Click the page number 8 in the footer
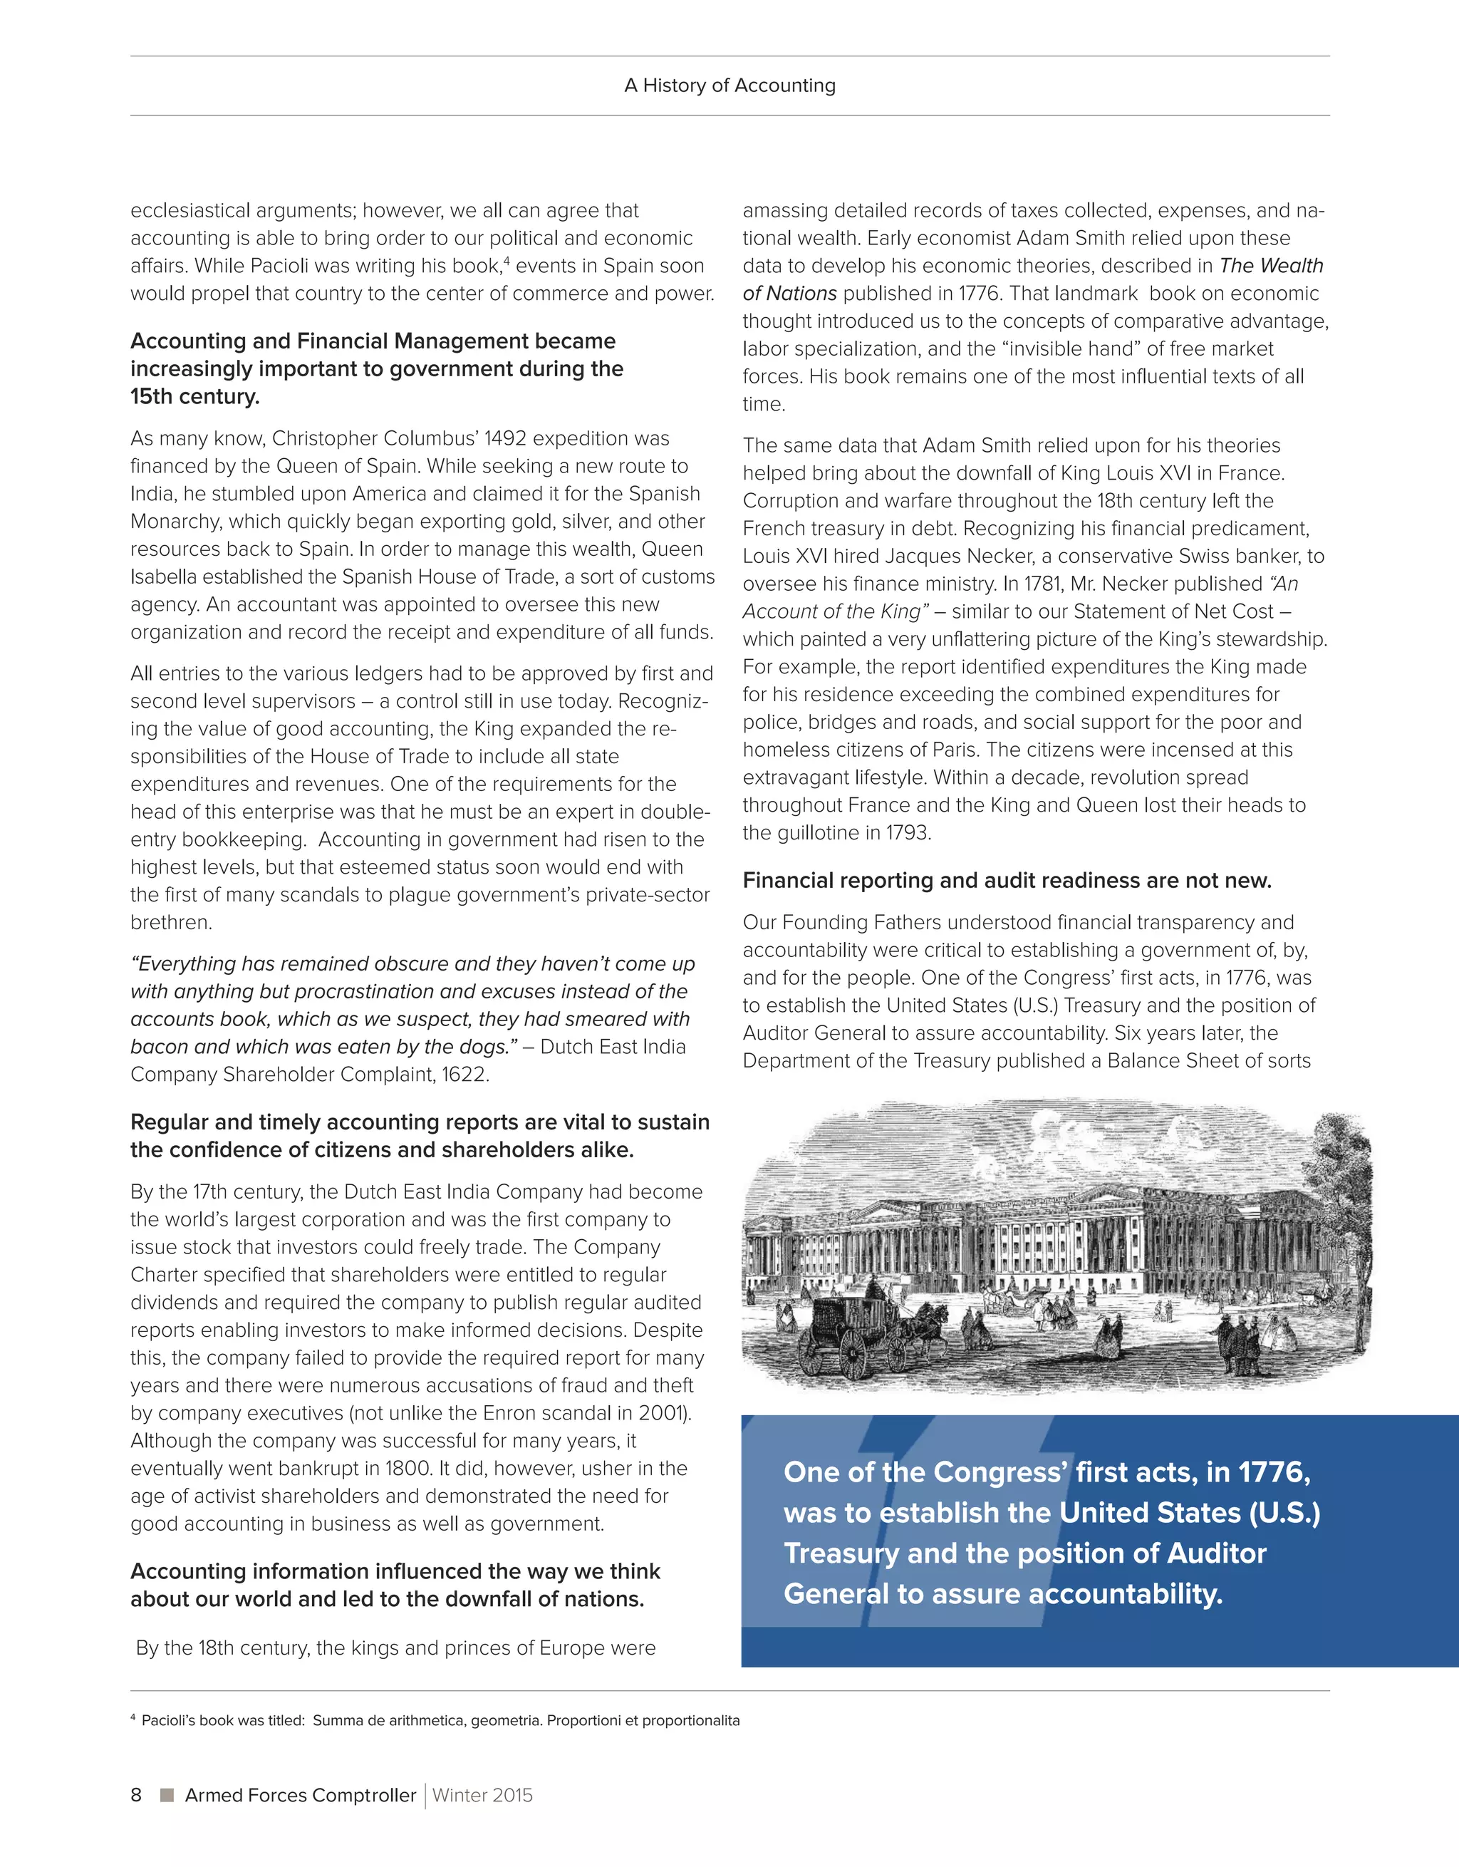pos(136,1794)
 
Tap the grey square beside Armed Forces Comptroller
pos(167,1794)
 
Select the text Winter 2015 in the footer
pos(482,1794)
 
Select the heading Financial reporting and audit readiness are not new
pos(1007,881)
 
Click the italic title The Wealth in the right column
pos(1271,266)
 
